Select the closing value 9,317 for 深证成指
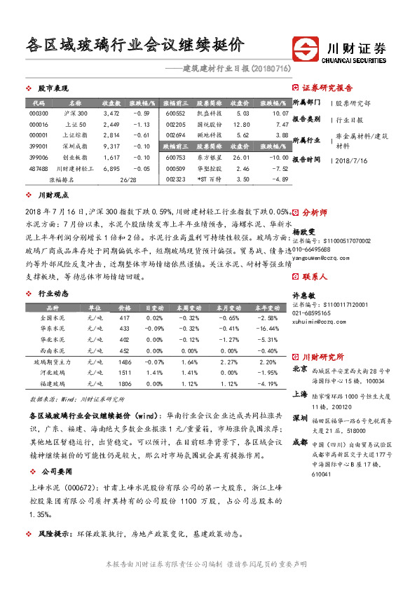click(x=111, y=146)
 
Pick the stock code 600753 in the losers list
click(x=176, y=158)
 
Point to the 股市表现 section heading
click(x=53, y=89)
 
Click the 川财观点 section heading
click(x=53, y=196)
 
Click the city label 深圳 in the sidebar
click(x=299, y=418)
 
